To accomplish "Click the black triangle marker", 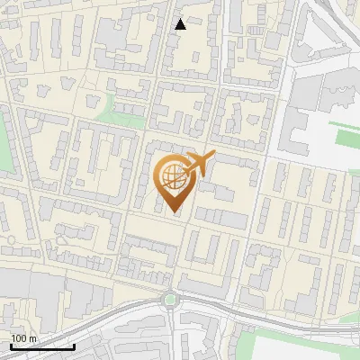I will click(181, 24).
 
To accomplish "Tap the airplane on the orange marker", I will click(199, 165).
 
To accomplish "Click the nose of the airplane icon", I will click(213, 155).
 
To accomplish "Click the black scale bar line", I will click(41, 346).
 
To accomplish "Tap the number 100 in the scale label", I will click(18, 338).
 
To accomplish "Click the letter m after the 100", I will click(31, 338).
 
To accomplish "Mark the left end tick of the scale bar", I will click(10, 345).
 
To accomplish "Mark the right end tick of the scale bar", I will click(74, 345).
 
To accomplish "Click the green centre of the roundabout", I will click(169, 300).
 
